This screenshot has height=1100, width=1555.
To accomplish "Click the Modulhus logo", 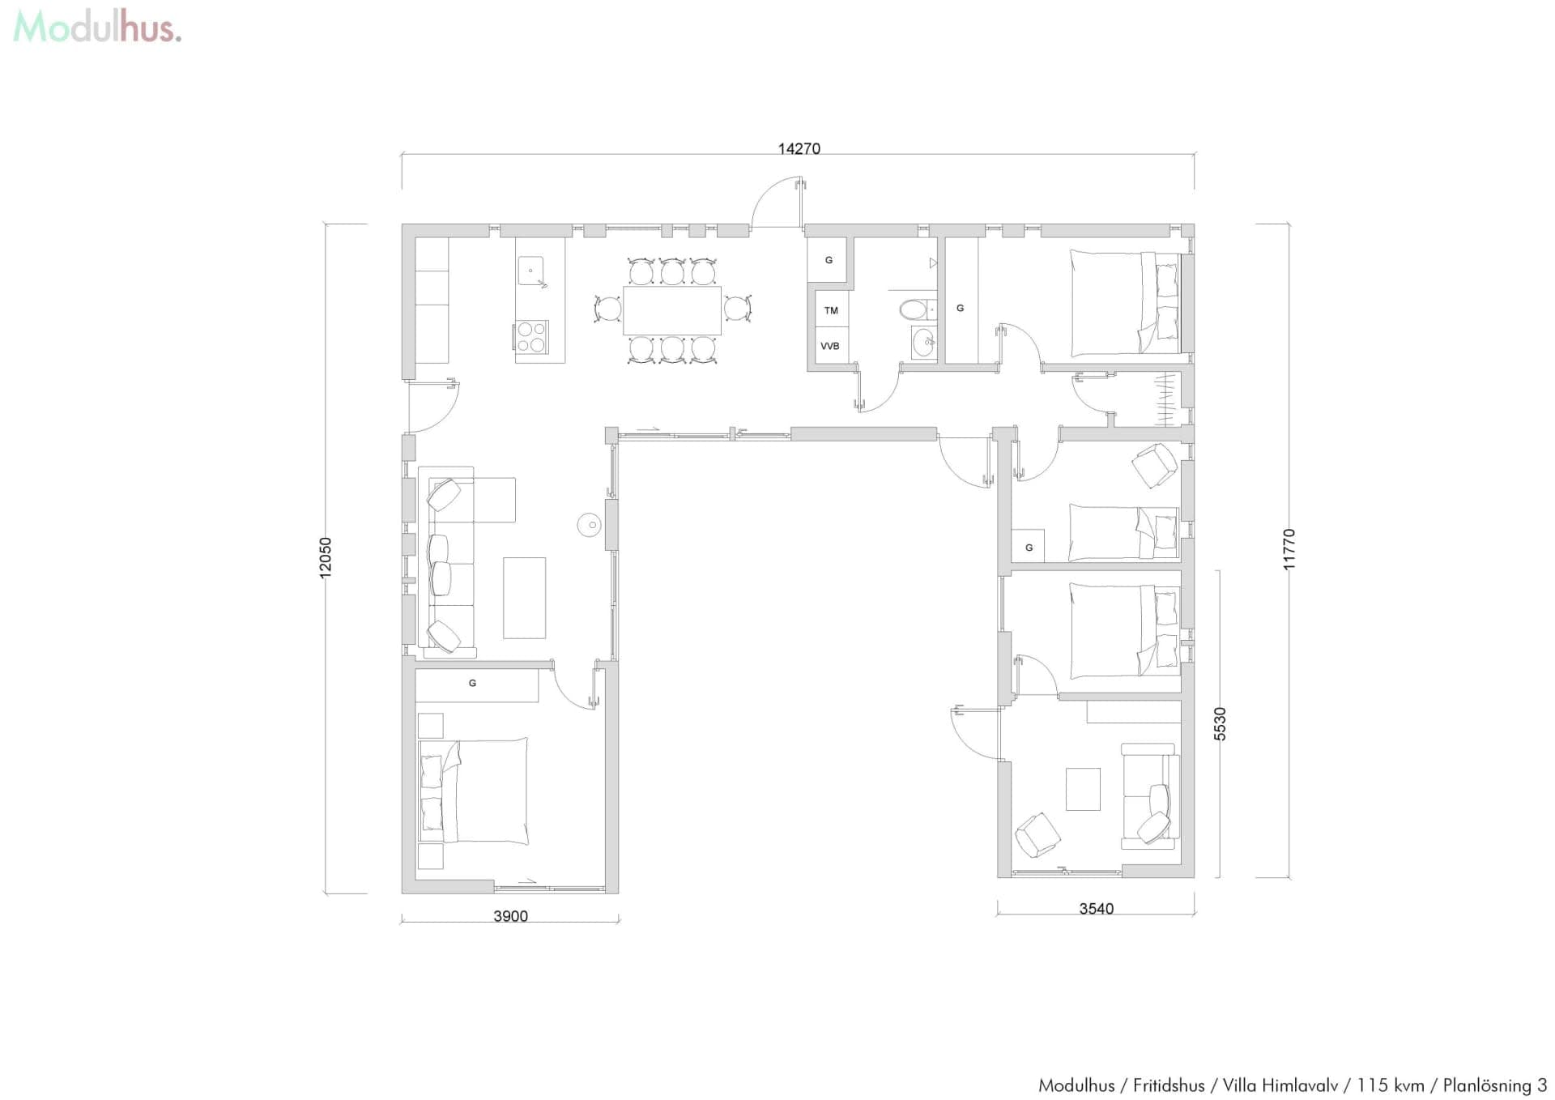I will [97, 27].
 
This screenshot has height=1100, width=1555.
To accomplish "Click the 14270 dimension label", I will [799, 148].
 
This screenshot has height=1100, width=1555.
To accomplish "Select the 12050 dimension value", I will [326, 557].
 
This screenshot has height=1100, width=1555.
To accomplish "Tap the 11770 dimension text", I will [1289, 549].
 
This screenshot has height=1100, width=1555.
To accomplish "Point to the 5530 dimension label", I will [1220, 723].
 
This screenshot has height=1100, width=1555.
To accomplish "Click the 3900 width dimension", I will [510, 916].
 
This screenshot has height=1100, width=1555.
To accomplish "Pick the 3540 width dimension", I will [1096, 909].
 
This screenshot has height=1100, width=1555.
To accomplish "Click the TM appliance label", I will [831, 310].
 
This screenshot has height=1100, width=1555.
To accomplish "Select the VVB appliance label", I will [830, 346].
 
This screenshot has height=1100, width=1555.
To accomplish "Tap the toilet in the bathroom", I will [915, 309].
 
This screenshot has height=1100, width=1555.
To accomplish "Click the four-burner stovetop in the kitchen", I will [531, 336].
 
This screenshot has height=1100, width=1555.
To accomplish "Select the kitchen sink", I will [530, 271].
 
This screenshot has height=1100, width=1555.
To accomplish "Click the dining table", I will [671, 310].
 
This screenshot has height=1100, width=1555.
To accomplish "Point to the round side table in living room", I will [590, 525].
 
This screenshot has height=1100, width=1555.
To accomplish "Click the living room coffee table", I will [524, 598].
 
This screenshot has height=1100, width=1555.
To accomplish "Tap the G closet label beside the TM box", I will [828, 260].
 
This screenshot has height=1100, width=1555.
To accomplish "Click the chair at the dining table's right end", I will [737, 309].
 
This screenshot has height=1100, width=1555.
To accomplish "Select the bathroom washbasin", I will [923, 343].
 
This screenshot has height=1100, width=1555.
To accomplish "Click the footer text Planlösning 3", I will [1494, 1085].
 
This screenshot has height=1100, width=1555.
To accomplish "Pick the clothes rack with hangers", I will [1165, 399].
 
